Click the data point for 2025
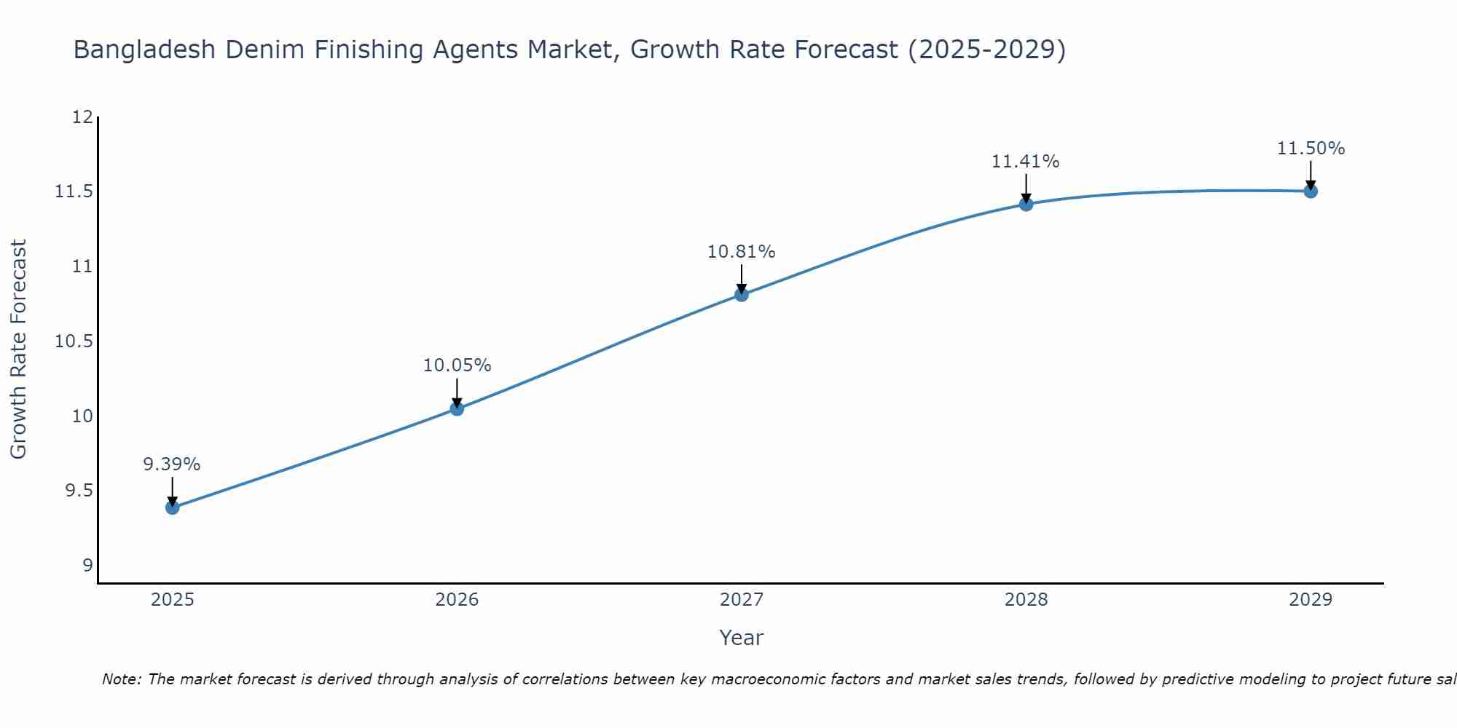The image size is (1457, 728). click(x=173, y=507)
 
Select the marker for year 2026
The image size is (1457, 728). click(x=457, y=408)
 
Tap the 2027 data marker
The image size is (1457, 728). click(x=742, y=295)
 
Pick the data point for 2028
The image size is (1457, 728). click(x=1026, y=204)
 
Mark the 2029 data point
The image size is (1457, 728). click(x=1311, y=191)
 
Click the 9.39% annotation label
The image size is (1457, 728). click(x=171, y=464)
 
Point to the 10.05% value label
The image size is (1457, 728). click(x=457, y=365)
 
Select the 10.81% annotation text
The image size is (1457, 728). click(x=741, y=252)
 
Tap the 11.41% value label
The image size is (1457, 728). click(x=1025, y=162)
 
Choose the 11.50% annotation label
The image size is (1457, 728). click(x=1311, y=149)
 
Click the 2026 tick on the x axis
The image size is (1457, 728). click(x=457, y=600)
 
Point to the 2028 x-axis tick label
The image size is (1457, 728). click(x=1026, y=600)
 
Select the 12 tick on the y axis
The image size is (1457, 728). click(x=82, y=117)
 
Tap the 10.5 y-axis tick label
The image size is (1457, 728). click(x=74, y=341)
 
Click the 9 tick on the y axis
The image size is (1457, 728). click(x=87, y=566)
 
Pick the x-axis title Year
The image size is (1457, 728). click(x=741, y=638)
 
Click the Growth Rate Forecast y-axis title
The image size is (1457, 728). click(x=18, y=349)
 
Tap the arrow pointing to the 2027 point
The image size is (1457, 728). click(x=742, y=278)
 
